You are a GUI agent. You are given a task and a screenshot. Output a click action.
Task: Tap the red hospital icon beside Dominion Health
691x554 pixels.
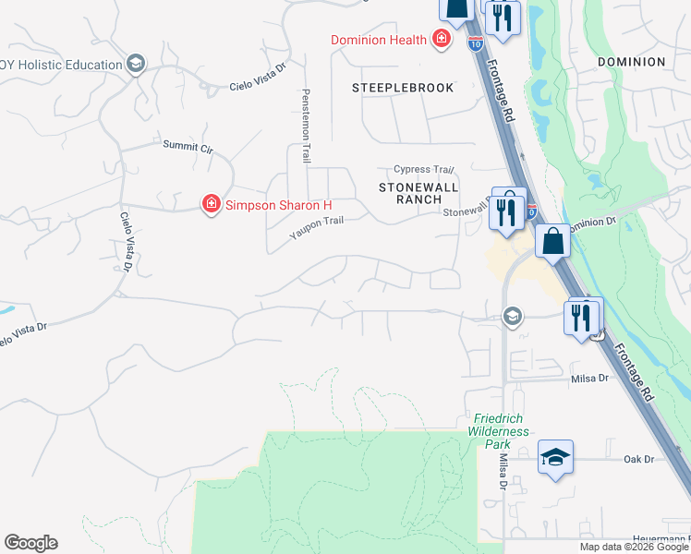point(442,39)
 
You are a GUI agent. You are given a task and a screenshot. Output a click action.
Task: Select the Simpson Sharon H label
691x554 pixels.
point(279,204)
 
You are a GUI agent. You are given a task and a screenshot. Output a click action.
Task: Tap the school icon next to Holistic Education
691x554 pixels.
point(136,64)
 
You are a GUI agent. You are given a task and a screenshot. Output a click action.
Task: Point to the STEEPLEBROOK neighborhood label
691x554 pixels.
point(403,88)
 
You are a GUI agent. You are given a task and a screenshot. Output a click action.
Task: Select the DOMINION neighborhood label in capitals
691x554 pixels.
point(631,62)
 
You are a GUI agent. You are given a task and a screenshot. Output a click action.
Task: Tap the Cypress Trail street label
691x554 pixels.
point(424,169)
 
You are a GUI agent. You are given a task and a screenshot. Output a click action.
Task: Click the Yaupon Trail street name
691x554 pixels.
point(317,227)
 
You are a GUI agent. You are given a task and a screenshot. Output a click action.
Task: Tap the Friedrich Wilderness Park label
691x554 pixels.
point(498,431)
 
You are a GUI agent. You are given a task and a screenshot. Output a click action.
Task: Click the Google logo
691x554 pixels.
point(30,543)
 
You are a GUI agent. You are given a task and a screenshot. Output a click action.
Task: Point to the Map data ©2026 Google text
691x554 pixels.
point(634,547)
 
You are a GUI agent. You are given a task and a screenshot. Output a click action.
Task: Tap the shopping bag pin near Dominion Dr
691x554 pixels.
point(552,241)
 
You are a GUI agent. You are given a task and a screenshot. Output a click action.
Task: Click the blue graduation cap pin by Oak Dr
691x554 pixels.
point(555,457)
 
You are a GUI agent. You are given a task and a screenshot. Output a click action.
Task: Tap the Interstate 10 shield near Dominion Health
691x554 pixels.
point(475,43)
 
